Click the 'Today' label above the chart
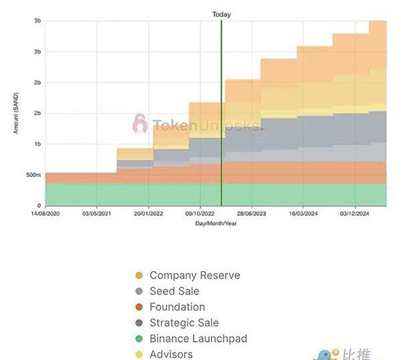pyautogui.click(x=221, y=14)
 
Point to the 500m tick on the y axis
pyautogui.click(x=34, y=175)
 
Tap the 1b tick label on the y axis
pyautogui.click(x=38, y=144)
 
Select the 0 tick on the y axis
pyautogui.click(x=39, y=206)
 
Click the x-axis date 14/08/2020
pyautogui.click(x=45, y=214)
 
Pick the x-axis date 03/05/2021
pyautogui.click(x=96, y=214)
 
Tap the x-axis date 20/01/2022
pyautogui.click(x=148, y=214)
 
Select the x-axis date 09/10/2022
pyautogui.click(x=199, y=214)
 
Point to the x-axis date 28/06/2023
pyautogui.click(x=251, y=214)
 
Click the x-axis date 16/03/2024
pyautogui.click(x=303, y=214)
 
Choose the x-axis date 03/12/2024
pyautogui.click(x=354, y=214)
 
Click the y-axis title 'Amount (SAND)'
pyautogui.click(x=16, y=113)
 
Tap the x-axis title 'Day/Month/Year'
pyautogui.click(x=215, y=223)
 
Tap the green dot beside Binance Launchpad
pyautogui.click(x=139, y=339)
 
